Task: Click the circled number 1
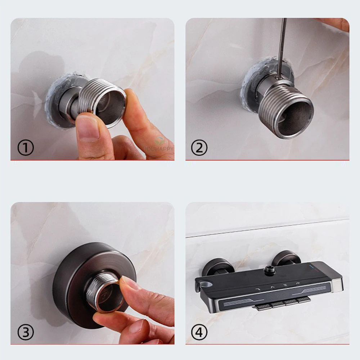[x=26, y=148]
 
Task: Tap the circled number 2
[x=199, y=148]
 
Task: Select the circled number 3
[x=26, y=332]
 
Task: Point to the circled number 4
[x=199, y=332]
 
